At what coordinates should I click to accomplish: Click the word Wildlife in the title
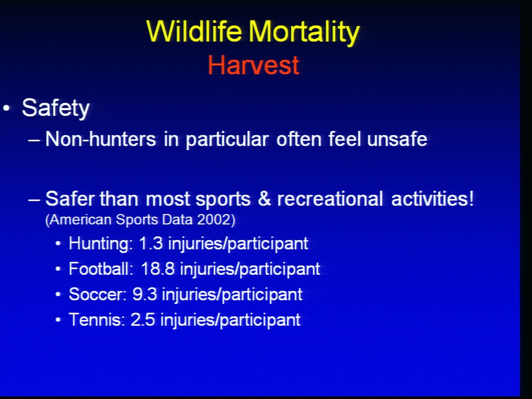(194, 31)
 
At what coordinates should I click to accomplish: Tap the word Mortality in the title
(304, 33)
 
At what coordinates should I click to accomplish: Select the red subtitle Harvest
(253, 65)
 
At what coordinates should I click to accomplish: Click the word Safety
(55, 108)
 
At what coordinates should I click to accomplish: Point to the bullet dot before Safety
(6, 109)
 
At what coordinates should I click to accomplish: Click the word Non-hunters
(100, 139)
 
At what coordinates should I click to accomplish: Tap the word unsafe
(397, 139)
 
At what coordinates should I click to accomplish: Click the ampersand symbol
(264, 199)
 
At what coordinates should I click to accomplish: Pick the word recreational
(330, 199)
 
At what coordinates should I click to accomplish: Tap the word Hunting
(101, 244)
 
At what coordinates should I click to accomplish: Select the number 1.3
(151, 244)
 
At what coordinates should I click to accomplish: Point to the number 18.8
(157, 269)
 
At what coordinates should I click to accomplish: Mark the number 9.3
(145, 294)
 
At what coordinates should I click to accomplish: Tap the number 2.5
(143, 320)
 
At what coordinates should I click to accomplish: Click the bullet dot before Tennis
(58, 320)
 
